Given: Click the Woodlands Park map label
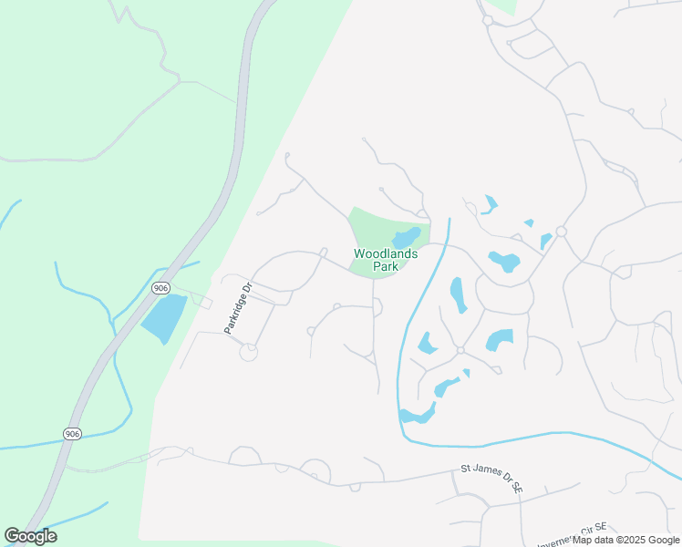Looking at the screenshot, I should pyautogui.click(x=386, y=261).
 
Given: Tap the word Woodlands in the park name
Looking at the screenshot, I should pyautogui.click(x=386, y=253).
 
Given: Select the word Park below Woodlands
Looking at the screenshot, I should pyautogui.click(x=386, y=268).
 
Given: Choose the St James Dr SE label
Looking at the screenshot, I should pyautogui.click(x=491, y=478).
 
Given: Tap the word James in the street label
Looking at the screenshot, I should pyautogui.click(x=487, y=475).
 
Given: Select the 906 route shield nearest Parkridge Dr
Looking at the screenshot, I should pyautogui.click(x=161, y=288).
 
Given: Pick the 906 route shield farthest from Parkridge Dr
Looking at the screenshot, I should pyautogui.click(x=73, y=433).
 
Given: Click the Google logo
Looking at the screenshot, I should pyautogui.click(x=31, y=536).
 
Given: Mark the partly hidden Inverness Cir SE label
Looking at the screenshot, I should pyautogui.click(x=573, y=536).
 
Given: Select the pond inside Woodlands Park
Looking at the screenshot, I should pyautogui.click(x=407, y=237).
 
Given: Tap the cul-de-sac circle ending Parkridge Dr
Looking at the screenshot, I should pyautogui.click(x=248, y=352).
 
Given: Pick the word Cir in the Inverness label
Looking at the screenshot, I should pyautogui.click(x=588, y=532).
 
